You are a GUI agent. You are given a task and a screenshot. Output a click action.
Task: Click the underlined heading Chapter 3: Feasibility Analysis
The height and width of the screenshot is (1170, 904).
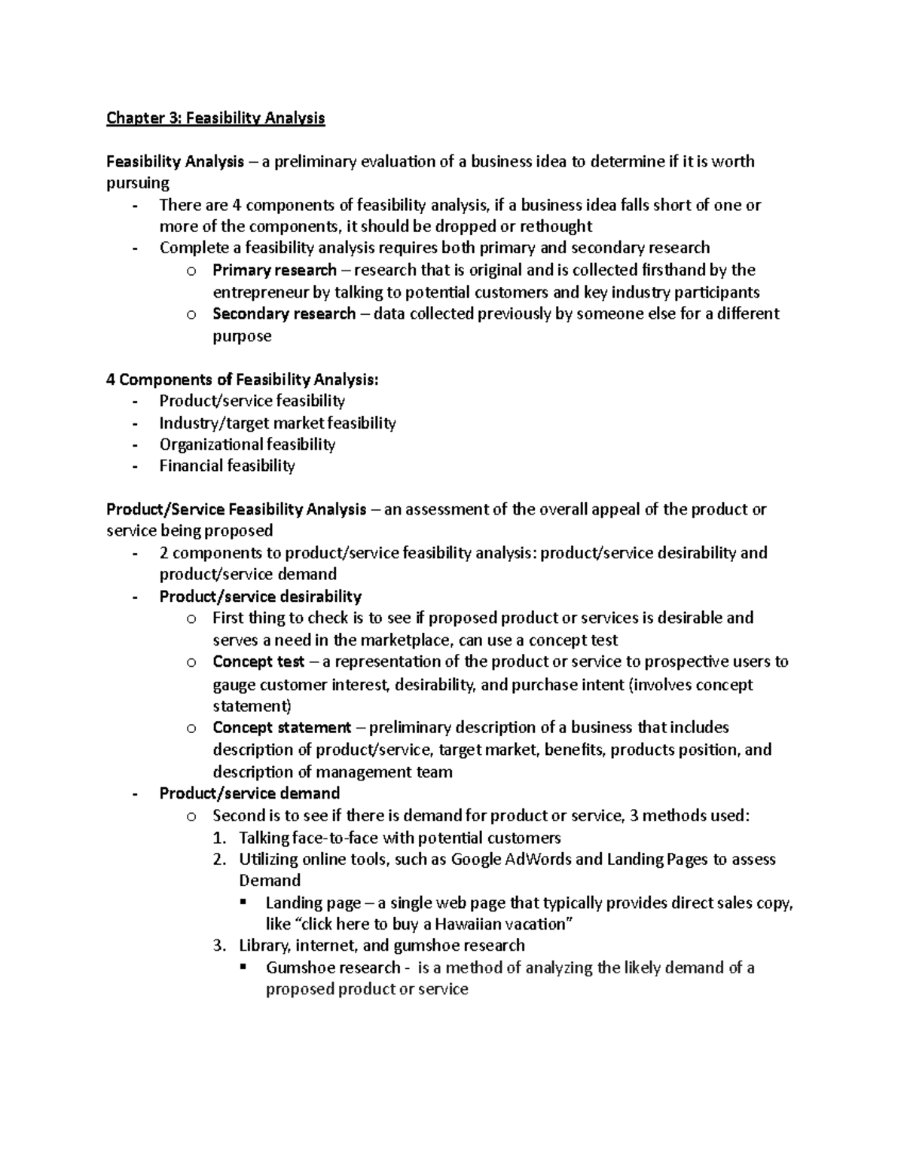[x=215, y=118]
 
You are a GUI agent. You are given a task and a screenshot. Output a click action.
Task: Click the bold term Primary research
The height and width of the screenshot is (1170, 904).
[x=274, y=270]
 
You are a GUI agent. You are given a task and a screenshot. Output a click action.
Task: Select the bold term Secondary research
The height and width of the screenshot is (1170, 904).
[x=284, y=313]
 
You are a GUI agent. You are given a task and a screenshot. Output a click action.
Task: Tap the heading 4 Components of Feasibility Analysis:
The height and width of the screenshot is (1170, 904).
[x=243, y=380]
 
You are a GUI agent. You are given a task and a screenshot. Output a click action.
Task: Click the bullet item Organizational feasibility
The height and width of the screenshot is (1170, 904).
[x=247, y=444]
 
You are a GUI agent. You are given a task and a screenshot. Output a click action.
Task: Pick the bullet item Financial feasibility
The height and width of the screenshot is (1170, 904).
[x=227, y=466]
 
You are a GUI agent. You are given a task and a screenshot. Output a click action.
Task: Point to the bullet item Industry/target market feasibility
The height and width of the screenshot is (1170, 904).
[x=277, y=423]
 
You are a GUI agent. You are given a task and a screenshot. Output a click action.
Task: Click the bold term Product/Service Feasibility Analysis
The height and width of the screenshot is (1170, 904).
[x=237, y=509]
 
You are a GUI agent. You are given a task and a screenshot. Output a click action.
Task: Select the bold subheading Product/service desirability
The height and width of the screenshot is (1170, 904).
[x=260, y=597]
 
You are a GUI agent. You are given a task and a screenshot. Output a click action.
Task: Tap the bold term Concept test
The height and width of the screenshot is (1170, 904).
[x=258, y=661]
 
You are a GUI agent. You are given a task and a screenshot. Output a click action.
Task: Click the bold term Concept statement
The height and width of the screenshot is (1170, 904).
[x=282, y=728]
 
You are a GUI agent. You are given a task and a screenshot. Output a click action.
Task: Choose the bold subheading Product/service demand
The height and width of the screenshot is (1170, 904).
[x=249, y=793]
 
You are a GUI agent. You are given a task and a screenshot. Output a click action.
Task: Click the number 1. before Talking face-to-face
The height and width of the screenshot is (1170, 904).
[x=219, y=838]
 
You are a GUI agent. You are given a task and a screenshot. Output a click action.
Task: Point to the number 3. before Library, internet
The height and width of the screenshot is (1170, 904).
[x=219, y=945]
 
